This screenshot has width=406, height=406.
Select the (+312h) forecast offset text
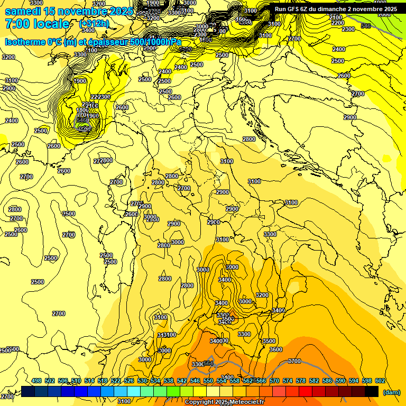click(94, 24)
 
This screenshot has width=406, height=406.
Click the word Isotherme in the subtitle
click(26, 42)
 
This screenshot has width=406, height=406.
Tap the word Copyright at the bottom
click(199, 402)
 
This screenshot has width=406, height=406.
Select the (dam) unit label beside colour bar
click(391, 392)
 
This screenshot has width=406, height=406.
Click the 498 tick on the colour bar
click(36, 381)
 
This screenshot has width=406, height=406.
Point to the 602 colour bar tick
click(380, 381)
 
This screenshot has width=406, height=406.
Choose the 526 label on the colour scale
click(129, 381)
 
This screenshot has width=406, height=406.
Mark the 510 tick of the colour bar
click(76, 381)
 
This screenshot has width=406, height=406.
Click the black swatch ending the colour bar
click(372, 391)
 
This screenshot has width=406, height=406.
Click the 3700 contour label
click(294, 361)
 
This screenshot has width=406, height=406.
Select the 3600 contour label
click(275, 349)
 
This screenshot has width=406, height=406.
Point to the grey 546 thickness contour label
click(365, 25)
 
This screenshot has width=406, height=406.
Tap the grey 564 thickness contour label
click(209, 363)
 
